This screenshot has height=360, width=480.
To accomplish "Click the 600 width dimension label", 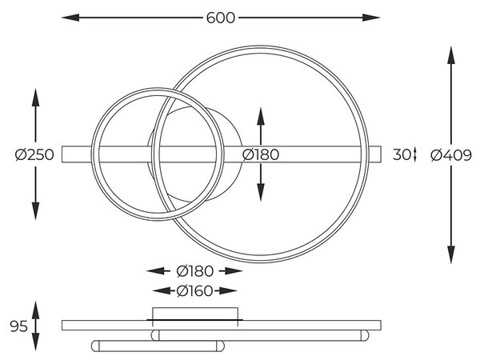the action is pos(221,18).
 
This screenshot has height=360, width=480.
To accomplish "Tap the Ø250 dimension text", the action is pos(34,154).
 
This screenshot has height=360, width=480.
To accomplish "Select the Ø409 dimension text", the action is pos(451,155).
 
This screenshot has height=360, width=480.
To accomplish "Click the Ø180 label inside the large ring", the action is pos(261,154).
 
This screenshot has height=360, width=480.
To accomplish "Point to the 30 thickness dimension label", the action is pos(402,154).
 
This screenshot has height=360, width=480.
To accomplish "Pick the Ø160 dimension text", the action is pos(194,291).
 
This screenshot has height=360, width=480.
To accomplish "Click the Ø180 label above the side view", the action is pos(194,271).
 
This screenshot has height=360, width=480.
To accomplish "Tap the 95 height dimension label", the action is pos(18,326).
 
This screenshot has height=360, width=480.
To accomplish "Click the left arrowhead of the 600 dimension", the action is pos(70,18).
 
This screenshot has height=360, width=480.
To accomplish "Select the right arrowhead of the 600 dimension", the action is pos(371,18).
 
